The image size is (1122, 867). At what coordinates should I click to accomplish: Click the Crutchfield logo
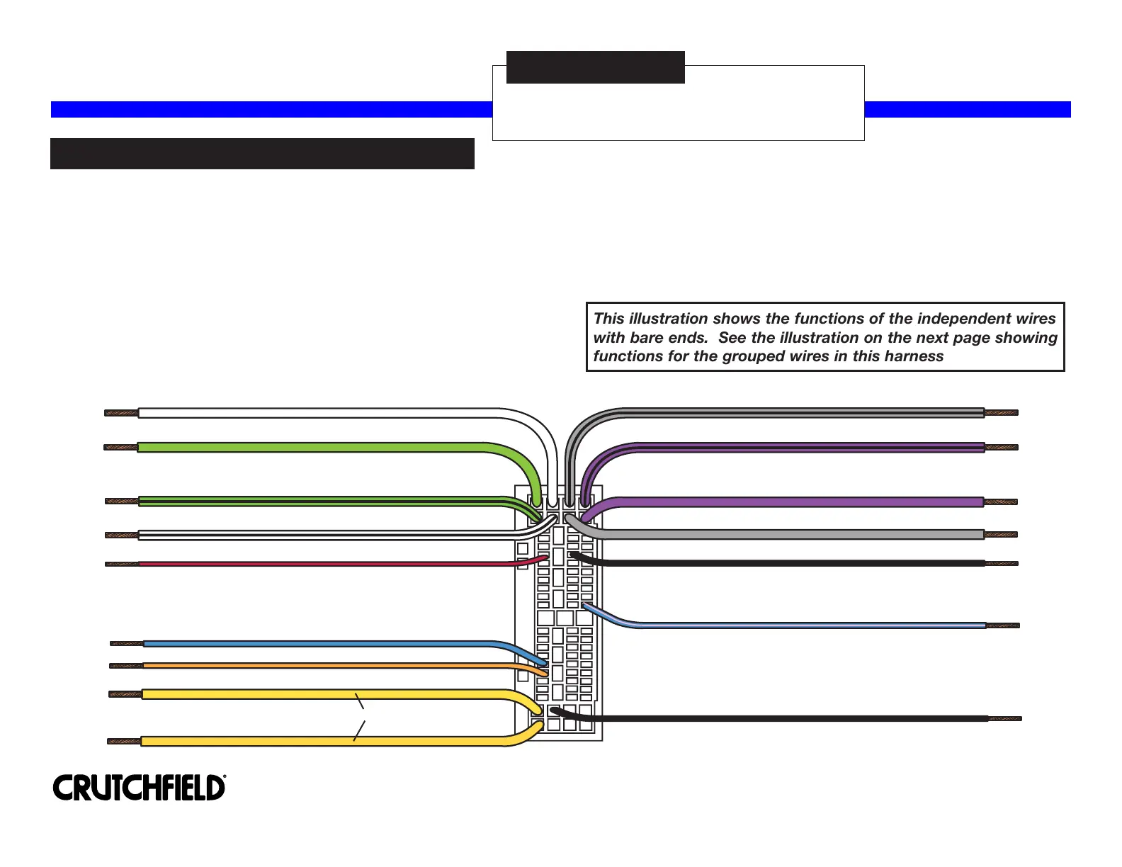[x=140, y=788]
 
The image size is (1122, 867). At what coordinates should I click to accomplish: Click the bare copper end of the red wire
[x=122, y=564]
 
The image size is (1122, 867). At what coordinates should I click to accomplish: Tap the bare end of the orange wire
[x=127, y=666]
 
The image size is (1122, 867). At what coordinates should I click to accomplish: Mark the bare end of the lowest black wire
[x=1005, y=718]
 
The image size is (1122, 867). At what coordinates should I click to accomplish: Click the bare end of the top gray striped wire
[x=1001, y=412]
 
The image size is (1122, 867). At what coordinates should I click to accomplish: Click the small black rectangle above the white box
[x=595, y=67]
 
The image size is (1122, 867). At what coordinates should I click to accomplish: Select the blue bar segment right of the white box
[x=968, y=110]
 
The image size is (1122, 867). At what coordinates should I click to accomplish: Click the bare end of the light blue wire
[x=1003, y=625]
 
